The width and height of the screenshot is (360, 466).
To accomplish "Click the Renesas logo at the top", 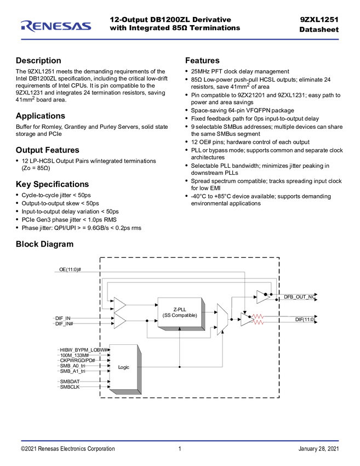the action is point(55,26).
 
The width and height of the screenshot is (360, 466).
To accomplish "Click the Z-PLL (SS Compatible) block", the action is point(180,312).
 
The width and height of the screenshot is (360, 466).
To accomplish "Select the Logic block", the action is point(123,367).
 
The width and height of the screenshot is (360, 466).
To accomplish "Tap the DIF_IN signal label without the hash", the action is point(62,318).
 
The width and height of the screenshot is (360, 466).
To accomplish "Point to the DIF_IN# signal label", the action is point(64,324).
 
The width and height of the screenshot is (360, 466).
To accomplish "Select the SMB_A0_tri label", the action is point(72,366).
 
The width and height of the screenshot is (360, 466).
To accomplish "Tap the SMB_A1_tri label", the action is point(72,371).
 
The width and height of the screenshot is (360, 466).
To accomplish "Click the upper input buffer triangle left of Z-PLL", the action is point(119,304).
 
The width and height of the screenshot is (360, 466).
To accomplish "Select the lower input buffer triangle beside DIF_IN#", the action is point(119,321).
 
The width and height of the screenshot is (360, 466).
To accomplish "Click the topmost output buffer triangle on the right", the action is point(262,297).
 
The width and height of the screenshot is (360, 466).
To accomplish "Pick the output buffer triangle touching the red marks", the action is point(247,319).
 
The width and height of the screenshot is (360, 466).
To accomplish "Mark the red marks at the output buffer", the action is point(258,319).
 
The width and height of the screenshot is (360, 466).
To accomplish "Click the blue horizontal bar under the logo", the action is point(180,39).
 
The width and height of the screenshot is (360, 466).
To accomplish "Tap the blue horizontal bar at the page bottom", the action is point(180,440).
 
